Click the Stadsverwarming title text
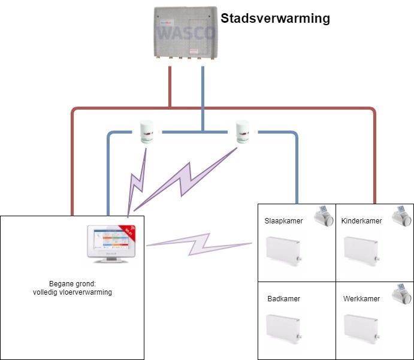pos(275,19)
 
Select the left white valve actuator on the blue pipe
pos(147,131)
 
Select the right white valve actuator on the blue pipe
pos(243,131)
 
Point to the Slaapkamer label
pos(283,221)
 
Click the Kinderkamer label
pos(361,221)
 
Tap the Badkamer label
pos(284,298)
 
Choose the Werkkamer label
pos(361,298)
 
